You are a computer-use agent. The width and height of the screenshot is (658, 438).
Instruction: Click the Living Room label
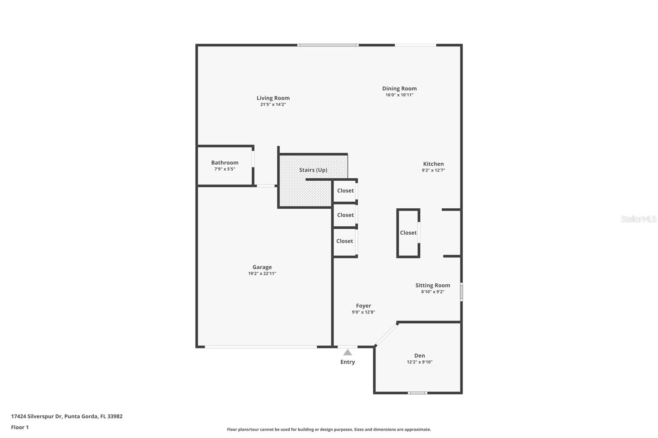tap(273, 98)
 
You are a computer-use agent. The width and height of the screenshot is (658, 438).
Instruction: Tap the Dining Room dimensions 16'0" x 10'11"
tap(399, 95)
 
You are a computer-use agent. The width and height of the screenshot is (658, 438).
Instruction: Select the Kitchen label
tap(433, 164)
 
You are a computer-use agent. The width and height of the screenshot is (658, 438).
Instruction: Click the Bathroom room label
tap(225, 162)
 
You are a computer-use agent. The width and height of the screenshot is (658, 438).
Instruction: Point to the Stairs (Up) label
tap(313, 170)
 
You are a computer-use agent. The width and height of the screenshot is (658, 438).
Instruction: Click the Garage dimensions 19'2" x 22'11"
tap(262, 274)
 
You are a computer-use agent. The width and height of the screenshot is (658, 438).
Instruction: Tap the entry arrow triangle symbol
tap(348, 352)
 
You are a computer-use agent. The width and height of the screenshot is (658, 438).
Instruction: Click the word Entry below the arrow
tap(348, 362)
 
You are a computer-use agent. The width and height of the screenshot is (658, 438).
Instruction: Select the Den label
tap(419, 355)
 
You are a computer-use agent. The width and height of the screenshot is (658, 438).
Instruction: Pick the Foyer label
tap(363, 306)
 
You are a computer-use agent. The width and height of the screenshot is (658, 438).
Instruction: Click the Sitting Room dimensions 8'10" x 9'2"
tap(432, 292)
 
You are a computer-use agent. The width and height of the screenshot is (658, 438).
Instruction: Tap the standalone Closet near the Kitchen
tap(408, 233)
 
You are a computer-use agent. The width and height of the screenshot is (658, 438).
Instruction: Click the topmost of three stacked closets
tap(345, 191)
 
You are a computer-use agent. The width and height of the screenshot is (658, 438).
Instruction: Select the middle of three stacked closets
tap(345, 215)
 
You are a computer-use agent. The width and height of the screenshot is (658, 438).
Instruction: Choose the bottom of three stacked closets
tap(345, 241)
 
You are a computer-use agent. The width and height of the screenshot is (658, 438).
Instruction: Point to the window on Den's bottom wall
tap(417, 393)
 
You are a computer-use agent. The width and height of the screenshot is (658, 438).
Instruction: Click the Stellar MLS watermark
tap(638, 219)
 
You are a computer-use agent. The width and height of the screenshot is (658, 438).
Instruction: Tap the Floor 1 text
tap(20, 427)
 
